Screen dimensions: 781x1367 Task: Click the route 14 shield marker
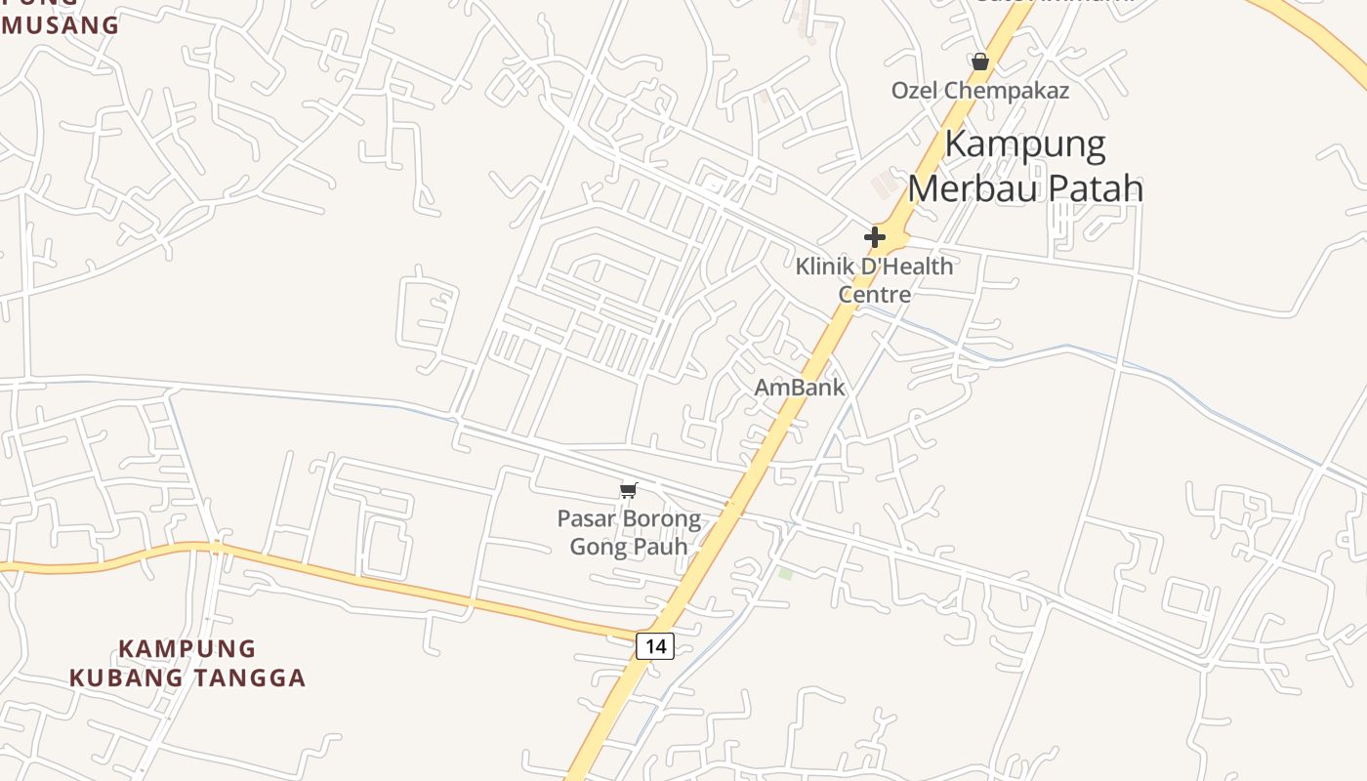tap(655, 645)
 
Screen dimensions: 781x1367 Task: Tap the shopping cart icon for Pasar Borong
tap(629, 490)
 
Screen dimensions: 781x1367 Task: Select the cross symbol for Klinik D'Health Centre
tap(875, 236)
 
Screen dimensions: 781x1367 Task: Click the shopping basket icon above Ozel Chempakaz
tap(980, 62)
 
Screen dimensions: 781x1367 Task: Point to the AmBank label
tap(800, 388)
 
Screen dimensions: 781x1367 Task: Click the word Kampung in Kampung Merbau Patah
tap(1025, 144)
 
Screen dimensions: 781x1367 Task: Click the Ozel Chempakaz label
tap(979, 91)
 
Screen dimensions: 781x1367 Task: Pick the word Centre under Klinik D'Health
tap(874, 294)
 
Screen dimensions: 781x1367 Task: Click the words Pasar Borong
tap(629, 518)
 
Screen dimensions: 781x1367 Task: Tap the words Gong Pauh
tap(629, 546)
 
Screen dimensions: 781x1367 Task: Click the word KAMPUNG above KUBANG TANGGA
tap(187, 649)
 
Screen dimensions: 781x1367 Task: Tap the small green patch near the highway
tap(785, 573)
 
